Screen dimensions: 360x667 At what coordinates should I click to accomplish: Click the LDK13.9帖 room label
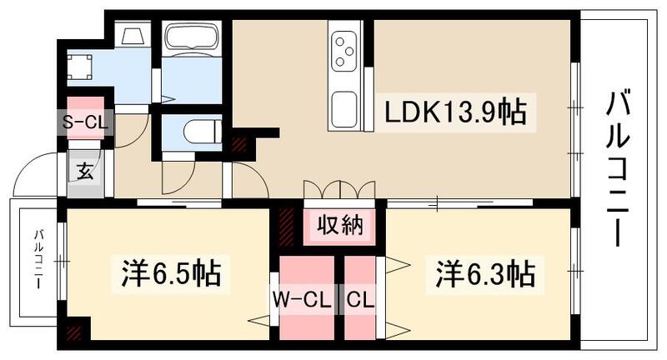tap(455, 111)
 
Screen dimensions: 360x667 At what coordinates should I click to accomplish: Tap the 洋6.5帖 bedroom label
tap(171, 272)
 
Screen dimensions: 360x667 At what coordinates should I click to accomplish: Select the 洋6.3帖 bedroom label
tap(483, 272)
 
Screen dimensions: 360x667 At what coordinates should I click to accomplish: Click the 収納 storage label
tap(339, 225)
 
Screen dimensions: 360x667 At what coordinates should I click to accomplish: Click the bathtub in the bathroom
tap(191, 38)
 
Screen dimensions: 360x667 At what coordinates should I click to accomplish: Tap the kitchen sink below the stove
tap(344, 107)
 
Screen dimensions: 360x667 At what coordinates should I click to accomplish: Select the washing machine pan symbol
tap(80, 65)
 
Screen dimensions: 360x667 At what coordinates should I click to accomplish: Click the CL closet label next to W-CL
tap(359, 297)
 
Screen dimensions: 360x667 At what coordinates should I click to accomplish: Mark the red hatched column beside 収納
tap(288, 222)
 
